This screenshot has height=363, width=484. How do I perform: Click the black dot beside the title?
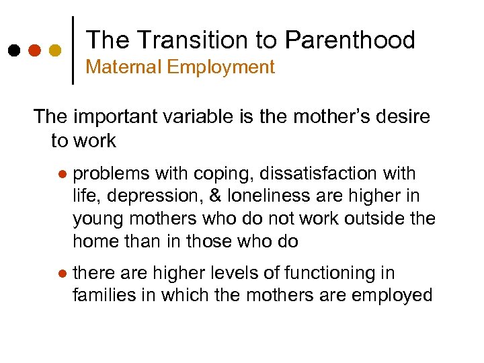[x=13, y=50]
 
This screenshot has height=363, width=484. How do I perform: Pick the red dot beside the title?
[x=34, y=50]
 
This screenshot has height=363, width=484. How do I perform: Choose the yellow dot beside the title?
[x=55, y=50]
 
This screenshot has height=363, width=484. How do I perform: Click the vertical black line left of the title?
[x=73, y=49]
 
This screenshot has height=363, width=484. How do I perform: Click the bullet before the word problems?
[x=61, y=174]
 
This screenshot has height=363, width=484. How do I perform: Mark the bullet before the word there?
[x=61, y=274]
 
